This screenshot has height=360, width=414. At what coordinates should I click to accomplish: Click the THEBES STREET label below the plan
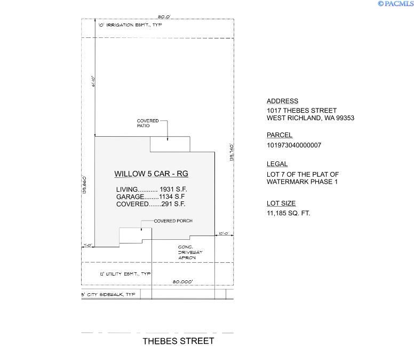click(178, 341)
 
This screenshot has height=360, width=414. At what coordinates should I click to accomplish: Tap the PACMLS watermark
click(395, 4)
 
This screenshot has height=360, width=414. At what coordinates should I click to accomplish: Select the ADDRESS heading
click(282, 101)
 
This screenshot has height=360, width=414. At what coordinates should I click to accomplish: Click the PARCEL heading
click(280, 135)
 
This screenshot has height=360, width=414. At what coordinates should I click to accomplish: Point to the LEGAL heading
click(277, 164)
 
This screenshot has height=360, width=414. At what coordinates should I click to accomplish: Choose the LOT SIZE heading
click(281, 204)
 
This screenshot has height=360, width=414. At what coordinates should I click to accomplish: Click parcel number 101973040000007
click(294, 145)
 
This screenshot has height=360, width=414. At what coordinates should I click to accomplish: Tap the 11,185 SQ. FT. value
click(288, 213)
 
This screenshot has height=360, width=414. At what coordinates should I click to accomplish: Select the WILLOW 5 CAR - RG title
click(152, 174)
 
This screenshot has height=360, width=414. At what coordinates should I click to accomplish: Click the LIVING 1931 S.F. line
click(152, 190)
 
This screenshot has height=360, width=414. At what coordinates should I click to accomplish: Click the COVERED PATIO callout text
click(148, 123)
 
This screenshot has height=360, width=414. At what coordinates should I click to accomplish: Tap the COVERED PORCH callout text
click(173, 221)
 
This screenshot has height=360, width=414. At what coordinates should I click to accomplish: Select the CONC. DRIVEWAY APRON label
click(187, 252)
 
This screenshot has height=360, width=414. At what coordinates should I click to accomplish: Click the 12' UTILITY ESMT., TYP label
click(125, 274)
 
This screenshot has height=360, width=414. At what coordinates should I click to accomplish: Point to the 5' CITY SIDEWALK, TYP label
click(108, 294)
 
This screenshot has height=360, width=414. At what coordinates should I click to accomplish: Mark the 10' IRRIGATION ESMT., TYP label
click(129, 25)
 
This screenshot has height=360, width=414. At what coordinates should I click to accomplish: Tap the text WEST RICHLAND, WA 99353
click(310, 118)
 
